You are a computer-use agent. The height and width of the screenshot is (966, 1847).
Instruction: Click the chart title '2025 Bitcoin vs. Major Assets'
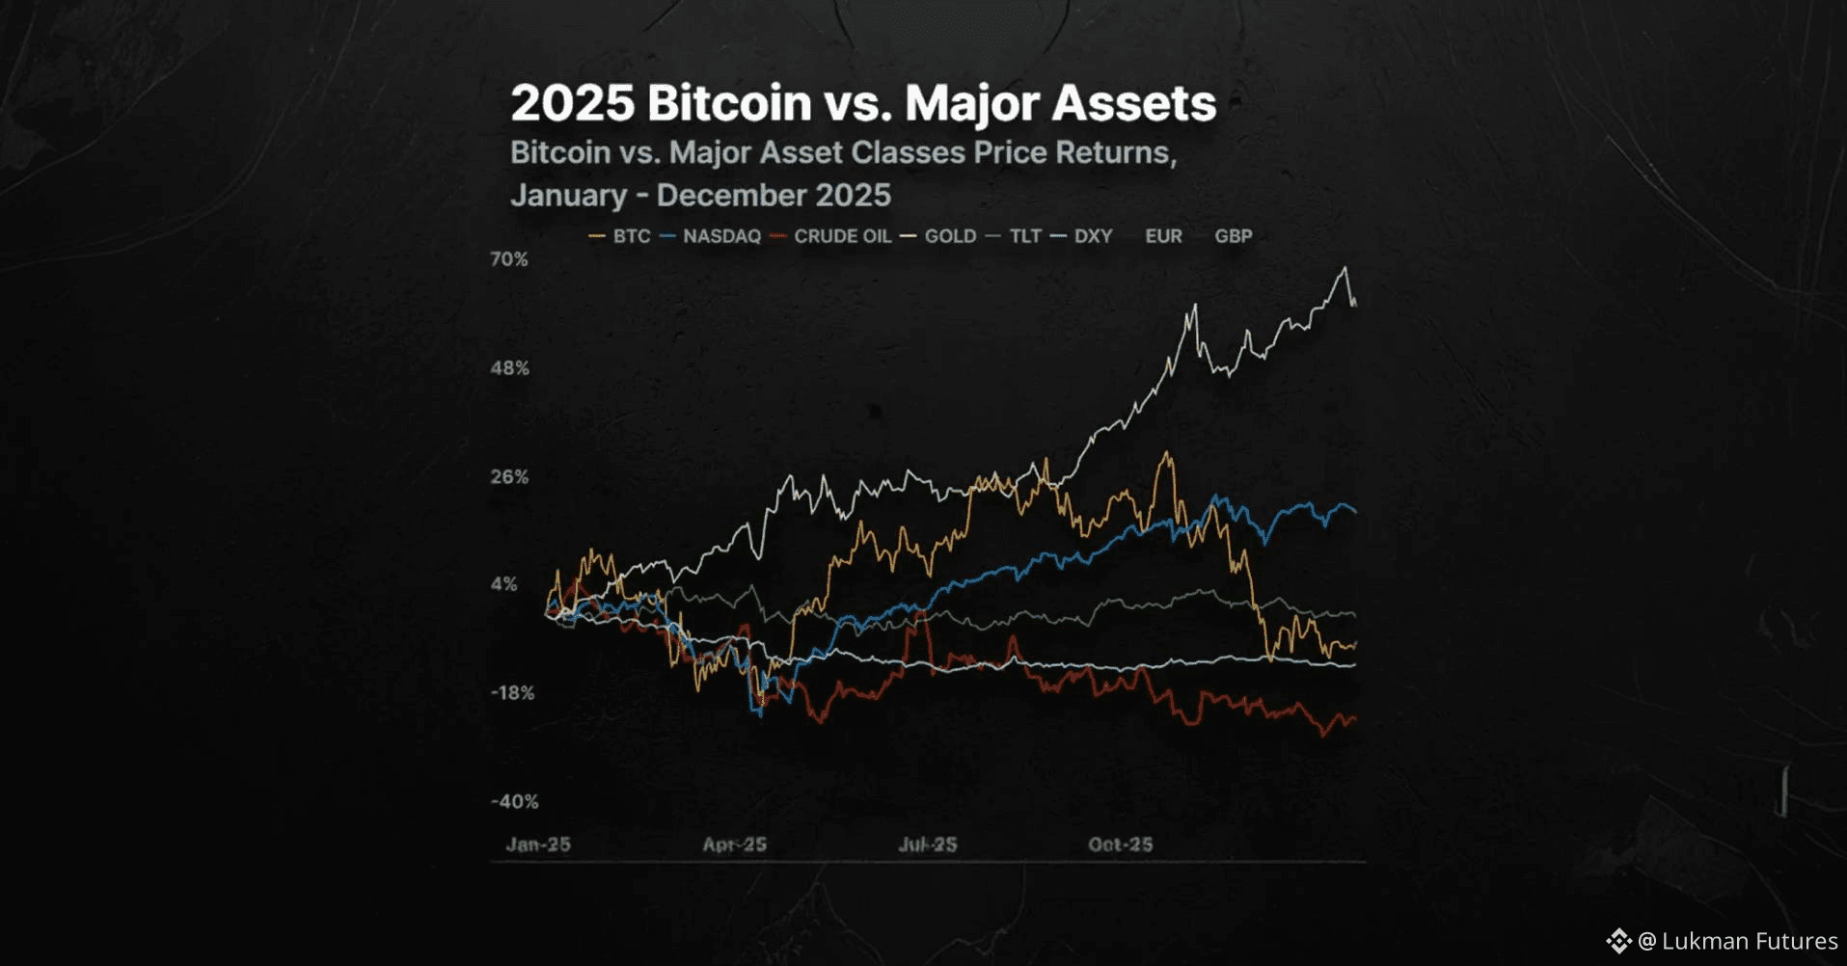863,103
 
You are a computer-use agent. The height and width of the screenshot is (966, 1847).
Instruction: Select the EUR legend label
1163,236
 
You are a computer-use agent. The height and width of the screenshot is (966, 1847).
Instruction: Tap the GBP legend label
1233,236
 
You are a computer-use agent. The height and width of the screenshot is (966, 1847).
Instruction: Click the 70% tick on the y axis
509,259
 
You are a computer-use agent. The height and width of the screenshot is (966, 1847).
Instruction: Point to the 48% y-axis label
509,368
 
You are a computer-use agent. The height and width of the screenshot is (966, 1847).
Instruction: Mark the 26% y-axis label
509,477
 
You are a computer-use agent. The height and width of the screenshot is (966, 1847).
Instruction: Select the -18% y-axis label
512,693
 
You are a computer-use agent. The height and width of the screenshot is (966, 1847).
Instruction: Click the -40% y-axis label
514,802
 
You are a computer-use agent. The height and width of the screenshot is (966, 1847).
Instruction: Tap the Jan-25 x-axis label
538,845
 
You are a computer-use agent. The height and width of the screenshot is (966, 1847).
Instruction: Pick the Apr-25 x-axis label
734,845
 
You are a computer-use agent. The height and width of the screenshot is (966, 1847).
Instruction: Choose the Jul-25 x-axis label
928,845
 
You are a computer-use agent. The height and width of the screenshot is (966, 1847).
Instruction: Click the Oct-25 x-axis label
1120,845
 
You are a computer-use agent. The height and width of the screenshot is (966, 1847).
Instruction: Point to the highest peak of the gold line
1345,268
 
